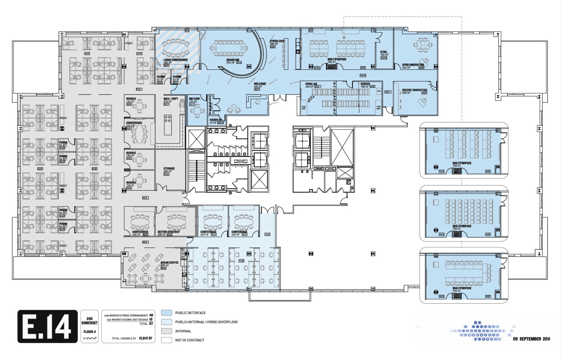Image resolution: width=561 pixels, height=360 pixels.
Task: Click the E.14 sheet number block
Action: click(47, 326)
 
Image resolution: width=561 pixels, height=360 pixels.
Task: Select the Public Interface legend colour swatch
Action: click(167, 313)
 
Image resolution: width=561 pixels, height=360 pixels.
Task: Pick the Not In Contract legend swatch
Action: click(167, 340)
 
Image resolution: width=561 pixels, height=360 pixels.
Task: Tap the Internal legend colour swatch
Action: click(167, 331)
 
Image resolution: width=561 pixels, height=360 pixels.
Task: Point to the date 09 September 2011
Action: click(531, 339)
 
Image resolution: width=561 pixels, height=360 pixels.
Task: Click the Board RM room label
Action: click(232, 60)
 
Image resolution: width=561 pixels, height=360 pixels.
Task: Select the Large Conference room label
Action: click(175, 60)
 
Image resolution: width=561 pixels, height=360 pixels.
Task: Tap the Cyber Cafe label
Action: click(277, 41)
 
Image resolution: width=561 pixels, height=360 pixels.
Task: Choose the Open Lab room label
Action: click(311, 84)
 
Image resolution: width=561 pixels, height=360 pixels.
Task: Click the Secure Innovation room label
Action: click(414, 90)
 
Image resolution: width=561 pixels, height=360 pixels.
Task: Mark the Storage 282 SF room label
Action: click(169, 169)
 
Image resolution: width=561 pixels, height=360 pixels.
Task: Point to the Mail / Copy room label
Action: click(171, 99)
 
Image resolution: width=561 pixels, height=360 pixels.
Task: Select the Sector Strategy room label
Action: click(169, 232)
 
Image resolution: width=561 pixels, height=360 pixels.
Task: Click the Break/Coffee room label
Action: click(169, 263)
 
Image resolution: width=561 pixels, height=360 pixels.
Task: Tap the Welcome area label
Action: click(260, 84)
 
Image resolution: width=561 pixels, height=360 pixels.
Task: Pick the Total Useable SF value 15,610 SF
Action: click(145, 338)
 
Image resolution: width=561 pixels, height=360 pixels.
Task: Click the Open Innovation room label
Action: click(413, 65)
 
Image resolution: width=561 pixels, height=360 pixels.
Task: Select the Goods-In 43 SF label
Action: click(216, 120)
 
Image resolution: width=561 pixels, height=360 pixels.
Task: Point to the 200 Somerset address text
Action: click(90, 321)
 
